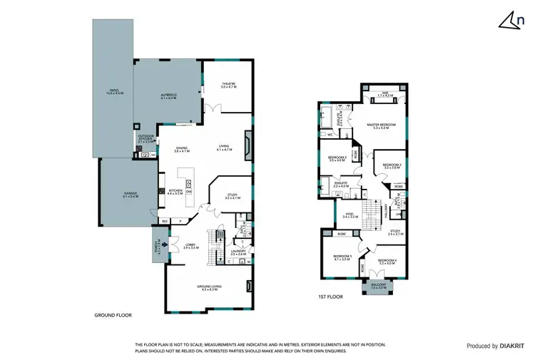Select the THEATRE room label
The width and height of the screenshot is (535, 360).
[x=228, y=85]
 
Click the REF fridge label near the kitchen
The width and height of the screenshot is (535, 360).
[x=164, y=222]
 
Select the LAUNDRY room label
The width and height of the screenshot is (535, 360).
[x=238, y=252]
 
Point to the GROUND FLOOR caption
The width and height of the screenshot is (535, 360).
[x=113, y=314]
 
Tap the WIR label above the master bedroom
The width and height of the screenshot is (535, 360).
[x=384, y=94]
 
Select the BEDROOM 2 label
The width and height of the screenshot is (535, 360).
[x=337, y=158]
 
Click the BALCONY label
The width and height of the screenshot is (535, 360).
[x=379, y=285]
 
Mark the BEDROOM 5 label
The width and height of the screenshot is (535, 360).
[x=340, y=258]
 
